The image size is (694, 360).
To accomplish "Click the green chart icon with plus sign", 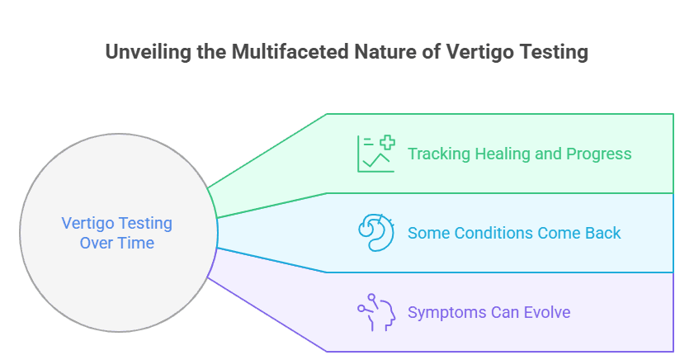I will click(x=376, y=154).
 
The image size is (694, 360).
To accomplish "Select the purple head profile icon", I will click(x=376, y=312).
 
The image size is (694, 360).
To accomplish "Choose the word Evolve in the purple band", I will click(x=547, y=312).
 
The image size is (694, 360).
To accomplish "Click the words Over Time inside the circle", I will click(x=116, y=243).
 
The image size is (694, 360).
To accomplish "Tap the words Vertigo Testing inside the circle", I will click(x=116, y=223).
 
